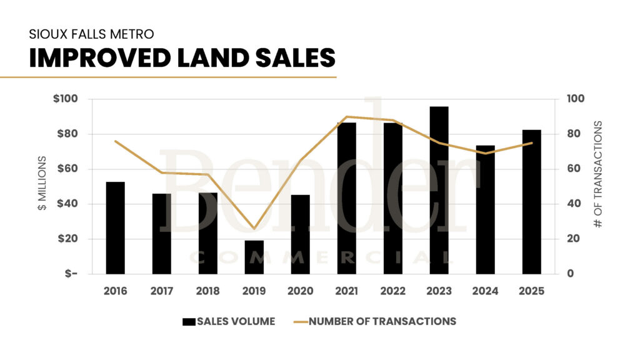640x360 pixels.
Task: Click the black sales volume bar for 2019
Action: click(x=254, y=257)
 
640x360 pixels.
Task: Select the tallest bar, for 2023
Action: click(x=439, y=190)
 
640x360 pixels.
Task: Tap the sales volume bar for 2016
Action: click(x=115, y=227)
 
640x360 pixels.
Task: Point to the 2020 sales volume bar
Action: click(x=300, y=234)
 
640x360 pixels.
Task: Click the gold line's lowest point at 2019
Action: click(x=254, y=229)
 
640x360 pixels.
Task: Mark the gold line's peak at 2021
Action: click(x=346, y=117)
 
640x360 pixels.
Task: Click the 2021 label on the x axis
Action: click(x=346, y=291)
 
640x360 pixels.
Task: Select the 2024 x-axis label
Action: click(x=485, y=291)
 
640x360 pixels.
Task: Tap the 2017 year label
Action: click(x=161, y=291)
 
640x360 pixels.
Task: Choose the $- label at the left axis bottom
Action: click(x=70, y=274)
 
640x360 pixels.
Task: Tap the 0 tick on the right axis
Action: click(x=570, y=274)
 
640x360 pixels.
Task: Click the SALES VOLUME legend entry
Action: click(x=228, y=321)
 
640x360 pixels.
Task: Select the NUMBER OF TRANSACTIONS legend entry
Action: click(x=374, y=321)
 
